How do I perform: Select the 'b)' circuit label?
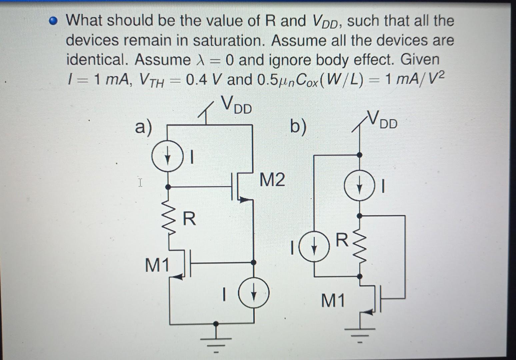click(x=297, y=127)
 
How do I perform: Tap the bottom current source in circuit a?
click(x=254, y=294)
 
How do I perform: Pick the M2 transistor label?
click(x=272, y=180)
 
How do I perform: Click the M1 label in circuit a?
click(x=157, y=265)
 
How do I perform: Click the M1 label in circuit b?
click(x=333, y=301)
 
